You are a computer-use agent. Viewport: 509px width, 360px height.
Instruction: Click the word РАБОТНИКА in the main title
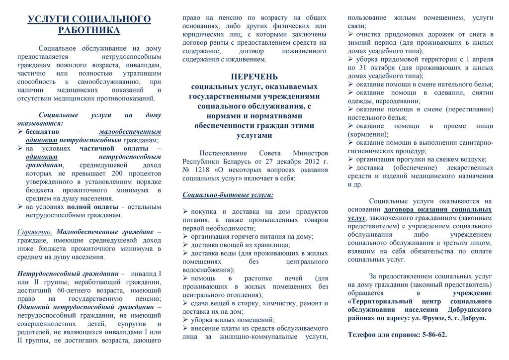tap(89, 30)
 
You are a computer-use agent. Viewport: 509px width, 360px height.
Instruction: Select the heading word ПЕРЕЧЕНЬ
tap(254, 77)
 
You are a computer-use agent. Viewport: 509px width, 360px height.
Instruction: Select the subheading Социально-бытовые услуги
tap(228, 194)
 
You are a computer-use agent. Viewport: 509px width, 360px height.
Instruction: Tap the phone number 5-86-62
tap(433, 335)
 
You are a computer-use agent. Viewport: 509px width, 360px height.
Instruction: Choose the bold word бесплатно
tap(42, 132)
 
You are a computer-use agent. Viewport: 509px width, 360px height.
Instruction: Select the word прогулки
tap(415, 159)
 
